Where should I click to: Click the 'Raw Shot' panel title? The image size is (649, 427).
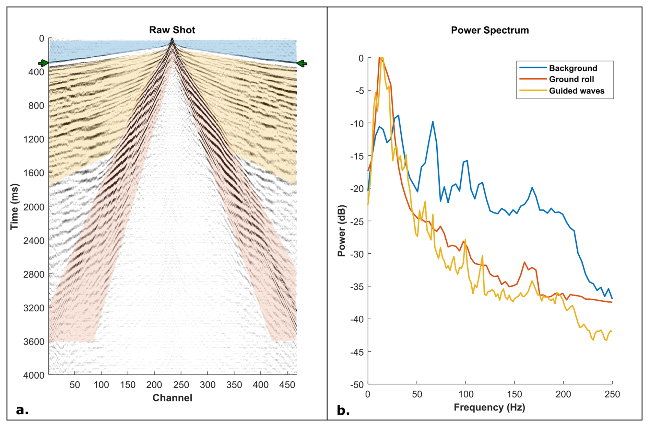[x=172, y=30]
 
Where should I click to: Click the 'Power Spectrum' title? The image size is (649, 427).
[x=489, y=31]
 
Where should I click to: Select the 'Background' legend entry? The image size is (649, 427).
[x=573, y=68]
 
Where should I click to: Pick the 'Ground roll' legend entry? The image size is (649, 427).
[x=571, y=79]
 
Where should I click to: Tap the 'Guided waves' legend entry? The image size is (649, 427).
[x=576, y=91]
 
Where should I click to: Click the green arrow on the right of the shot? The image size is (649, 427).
[x=302, y=64]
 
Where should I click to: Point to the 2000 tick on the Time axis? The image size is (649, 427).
[x=34, y=207]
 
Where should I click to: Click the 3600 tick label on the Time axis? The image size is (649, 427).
[x=34, y=342]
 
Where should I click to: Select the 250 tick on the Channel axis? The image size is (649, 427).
[x=181, y=385]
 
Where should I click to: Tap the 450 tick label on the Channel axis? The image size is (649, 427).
[x=287, y=385]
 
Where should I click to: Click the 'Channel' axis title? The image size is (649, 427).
[x=172, y=398]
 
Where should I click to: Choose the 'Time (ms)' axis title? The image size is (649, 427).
[x=14, y=207]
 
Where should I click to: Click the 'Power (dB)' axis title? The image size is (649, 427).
[x=342, y=231]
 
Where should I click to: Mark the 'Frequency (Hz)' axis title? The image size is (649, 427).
[x=489, y=407]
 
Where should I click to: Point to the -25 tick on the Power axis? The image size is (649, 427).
[x=357, y=221]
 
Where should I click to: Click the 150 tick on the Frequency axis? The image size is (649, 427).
[x=514, y=394]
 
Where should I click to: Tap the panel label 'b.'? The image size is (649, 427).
[x=343, y=410]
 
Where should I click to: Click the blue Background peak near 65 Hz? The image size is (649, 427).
[x=433, y=122]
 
